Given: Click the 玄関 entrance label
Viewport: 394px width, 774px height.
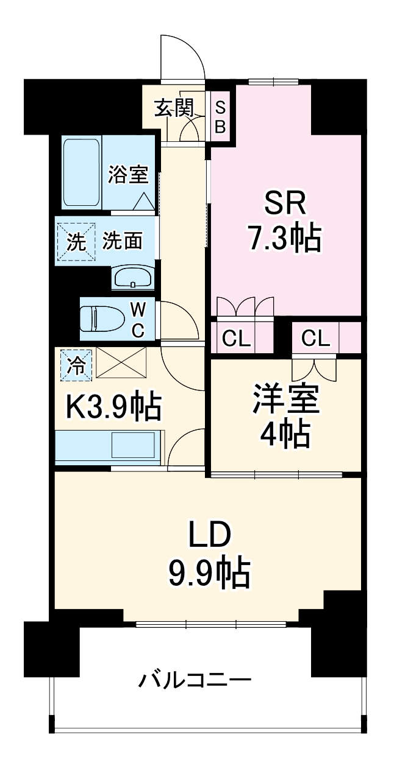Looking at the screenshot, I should coord(174,108).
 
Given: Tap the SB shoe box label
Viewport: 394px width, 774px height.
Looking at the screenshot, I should coord(220,117).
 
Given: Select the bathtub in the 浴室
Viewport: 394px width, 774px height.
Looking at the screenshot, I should coord(81,172).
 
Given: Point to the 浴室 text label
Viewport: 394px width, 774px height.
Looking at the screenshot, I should coord(128,174).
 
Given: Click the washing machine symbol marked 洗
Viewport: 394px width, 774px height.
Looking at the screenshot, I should coord(76,242).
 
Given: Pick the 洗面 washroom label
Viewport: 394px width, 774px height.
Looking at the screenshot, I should coord(122,241).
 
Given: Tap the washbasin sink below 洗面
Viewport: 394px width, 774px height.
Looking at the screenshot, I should coord(133,279).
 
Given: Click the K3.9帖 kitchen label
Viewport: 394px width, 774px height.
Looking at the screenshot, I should coord(114,407).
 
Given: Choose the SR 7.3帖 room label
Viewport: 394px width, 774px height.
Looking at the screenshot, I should coord(284,222).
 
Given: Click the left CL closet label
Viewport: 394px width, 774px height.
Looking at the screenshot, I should coord(237,339).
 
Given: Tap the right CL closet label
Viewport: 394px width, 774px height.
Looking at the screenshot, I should coord(315,339).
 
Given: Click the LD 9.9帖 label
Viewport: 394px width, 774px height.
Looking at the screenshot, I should coord(209,555).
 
